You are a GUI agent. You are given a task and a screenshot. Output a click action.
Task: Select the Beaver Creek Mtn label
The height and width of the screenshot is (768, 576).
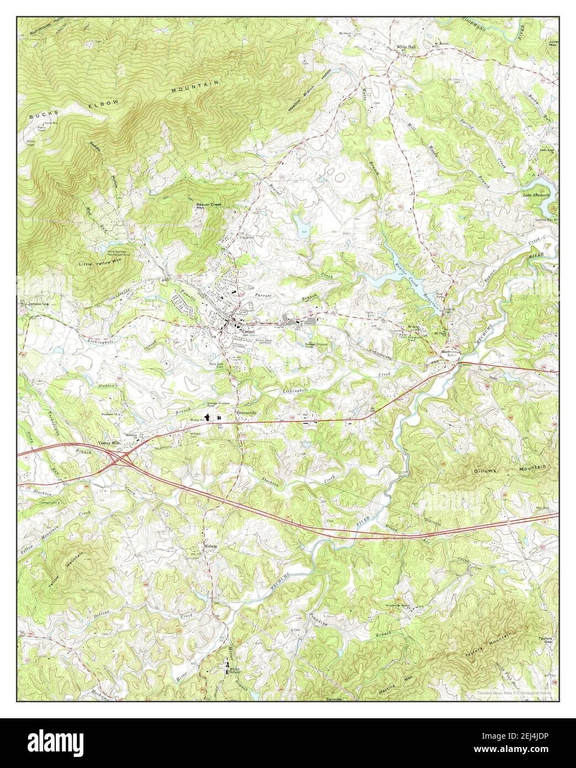(209, 206)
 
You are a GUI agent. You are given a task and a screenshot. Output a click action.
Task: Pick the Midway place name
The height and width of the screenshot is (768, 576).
(211, 546)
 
